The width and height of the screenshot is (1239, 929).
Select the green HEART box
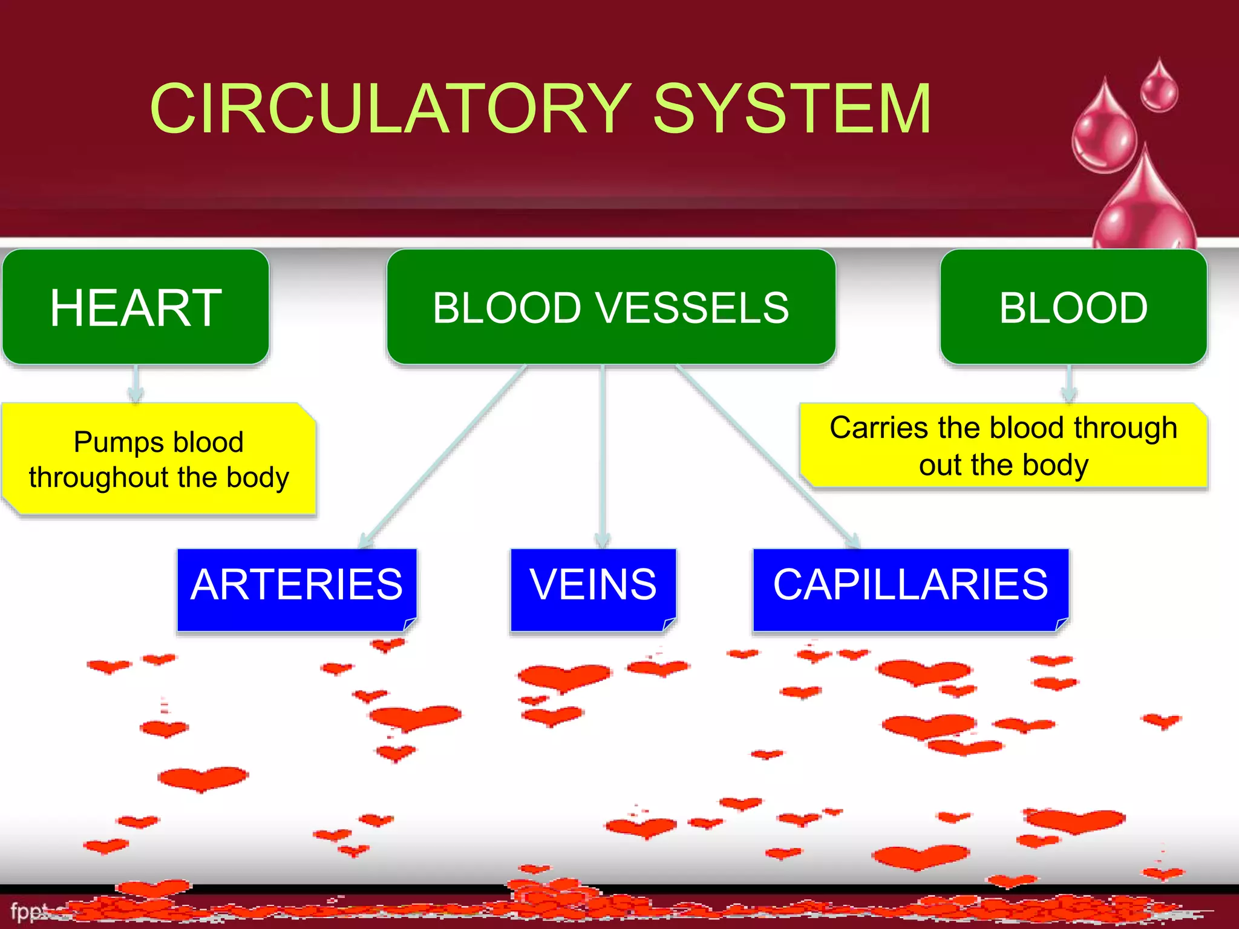click(136, 307)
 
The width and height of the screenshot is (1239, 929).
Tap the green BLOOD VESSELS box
click(611, 307)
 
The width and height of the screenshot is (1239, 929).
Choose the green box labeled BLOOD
click(1073, 307)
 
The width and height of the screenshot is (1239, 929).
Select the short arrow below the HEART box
click(136, 384)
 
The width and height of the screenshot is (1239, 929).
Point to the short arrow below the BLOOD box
click(1069, 384)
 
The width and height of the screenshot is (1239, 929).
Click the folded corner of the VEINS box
click(669, 624)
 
